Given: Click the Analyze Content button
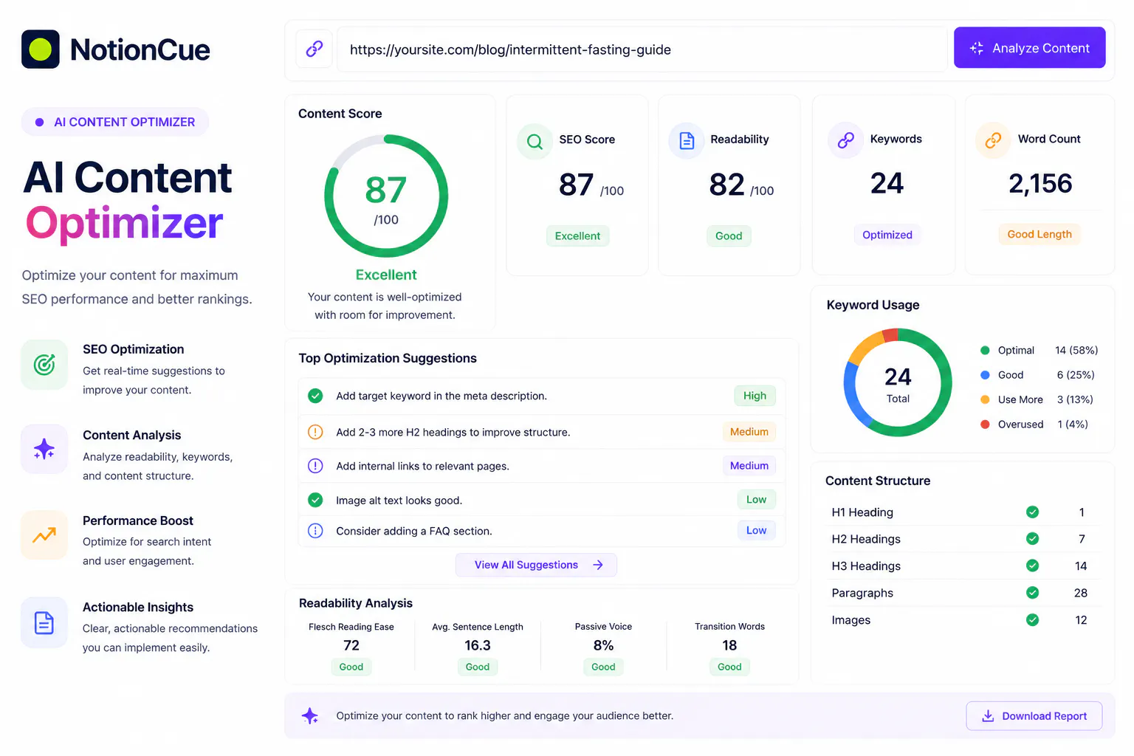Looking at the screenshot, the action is [x=1029, y=47].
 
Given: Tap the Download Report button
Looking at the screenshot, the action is [x=1034, y=715].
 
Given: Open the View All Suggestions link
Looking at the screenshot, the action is [x=536, y=565].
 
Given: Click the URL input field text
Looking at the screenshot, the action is [x=510, y=49].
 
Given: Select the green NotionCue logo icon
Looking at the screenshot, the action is [x=41, y=49].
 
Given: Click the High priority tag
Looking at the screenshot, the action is [x=755, y=396].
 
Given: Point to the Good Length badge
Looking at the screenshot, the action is [x=1039, y=234].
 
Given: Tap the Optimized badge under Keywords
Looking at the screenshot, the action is [x=887, y=235].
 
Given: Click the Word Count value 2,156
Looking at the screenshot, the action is [x=1039, y=183].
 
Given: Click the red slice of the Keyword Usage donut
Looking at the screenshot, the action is [x=890, y=335].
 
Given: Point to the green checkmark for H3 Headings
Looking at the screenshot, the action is [x=1032, y=566].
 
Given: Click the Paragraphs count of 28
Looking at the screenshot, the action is [x=1080, y=592].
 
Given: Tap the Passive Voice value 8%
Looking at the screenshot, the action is [x=603, y=645].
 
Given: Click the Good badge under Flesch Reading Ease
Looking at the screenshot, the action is [x=351, y=667].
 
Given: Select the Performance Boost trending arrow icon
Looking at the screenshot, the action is [x=44, y=535].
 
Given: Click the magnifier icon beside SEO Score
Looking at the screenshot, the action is [x=535, y=141].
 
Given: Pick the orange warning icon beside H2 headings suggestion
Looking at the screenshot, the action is [x=315, y=432].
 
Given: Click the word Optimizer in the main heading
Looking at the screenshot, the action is [x=124, y=223].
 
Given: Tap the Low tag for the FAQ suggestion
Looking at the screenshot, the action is [x=756, y=530].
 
